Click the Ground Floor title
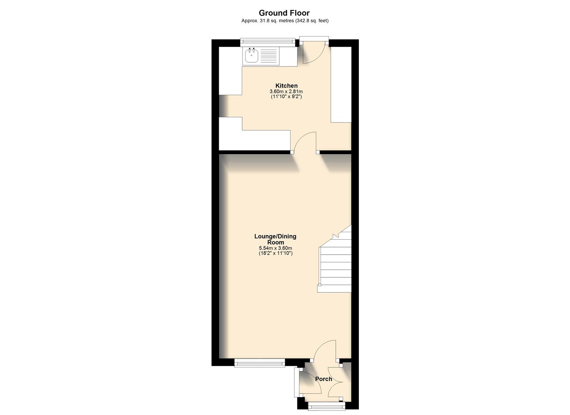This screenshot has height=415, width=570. [284, 13]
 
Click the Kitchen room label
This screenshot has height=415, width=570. [286, 86]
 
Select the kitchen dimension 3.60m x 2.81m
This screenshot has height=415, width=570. [286, 91]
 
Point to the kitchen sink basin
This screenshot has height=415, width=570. [251, 56]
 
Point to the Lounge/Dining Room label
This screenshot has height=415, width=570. [276, 239]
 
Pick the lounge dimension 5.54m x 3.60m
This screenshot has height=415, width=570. [276, 248]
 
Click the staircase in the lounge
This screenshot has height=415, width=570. [335, 265]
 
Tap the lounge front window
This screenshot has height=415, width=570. [260, 362]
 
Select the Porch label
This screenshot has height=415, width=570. [324, 379]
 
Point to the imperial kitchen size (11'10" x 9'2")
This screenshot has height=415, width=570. [286, 97]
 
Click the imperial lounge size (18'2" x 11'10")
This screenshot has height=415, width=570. [276, 254]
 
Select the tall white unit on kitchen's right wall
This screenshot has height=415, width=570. [341, 85]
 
